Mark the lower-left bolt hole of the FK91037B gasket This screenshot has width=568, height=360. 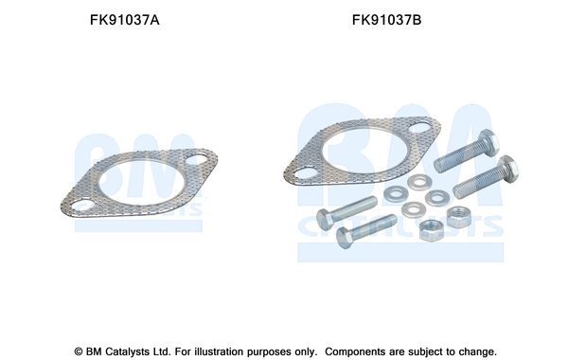coord(303,172)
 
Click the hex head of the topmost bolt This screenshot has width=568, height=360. coord(488,142)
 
